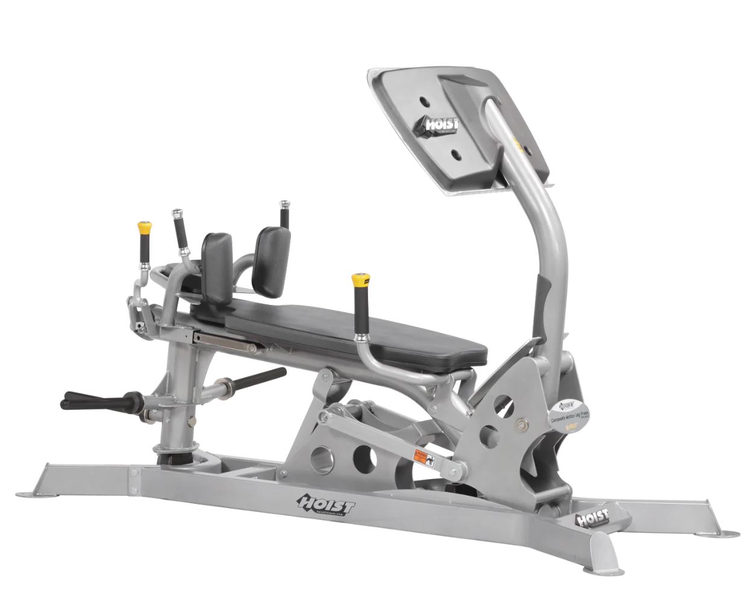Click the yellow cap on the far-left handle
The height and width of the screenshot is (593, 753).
144,228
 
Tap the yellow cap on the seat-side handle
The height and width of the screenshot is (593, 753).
360,280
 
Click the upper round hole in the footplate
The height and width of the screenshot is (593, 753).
425,100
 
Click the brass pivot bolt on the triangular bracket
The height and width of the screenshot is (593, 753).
519,424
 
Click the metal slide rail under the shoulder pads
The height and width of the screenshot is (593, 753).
226,342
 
